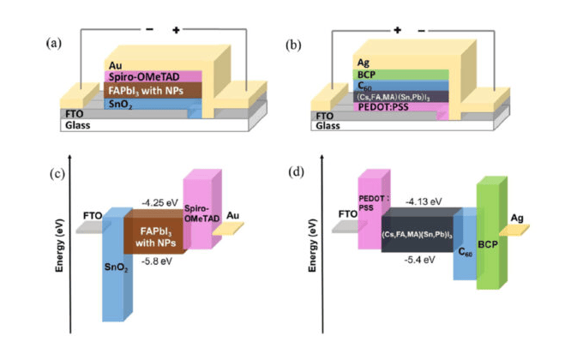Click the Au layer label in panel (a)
tap(115, 64)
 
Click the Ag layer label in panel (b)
tap(362, 62)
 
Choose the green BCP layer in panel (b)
tap(364, 75)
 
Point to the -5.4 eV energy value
tap(418, 258)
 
